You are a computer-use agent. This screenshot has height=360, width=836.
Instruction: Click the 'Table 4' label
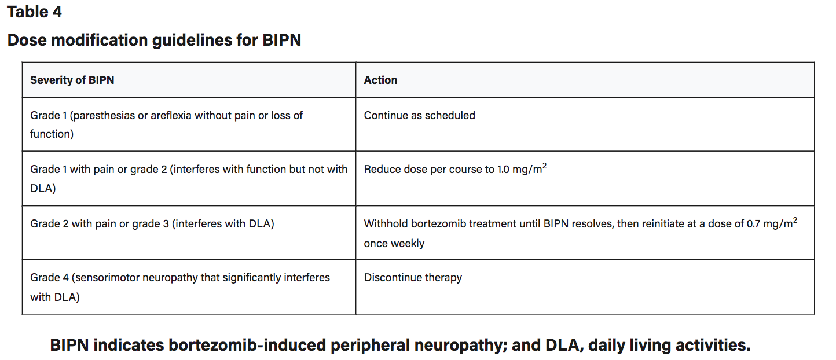tap(34, 12)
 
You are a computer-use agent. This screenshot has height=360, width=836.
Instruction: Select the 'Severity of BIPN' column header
tap(72, 80)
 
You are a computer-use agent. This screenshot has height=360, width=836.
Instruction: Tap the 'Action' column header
tap(380, 80)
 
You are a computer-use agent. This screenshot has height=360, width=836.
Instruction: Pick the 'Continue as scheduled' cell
tap(420, 116)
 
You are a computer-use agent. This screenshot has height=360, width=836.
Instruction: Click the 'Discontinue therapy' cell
tap(413, 278)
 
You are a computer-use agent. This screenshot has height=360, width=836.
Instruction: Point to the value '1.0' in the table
tap(503, 170)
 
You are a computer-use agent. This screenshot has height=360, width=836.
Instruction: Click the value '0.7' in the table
tap(753, 224)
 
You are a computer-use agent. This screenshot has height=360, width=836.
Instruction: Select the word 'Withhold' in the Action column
tap(386, 224)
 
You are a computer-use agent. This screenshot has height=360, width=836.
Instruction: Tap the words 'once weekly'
tap(394, 244)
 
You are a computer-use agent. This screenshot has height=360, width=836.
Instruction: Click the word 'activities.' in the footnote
tap(713, 345)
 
